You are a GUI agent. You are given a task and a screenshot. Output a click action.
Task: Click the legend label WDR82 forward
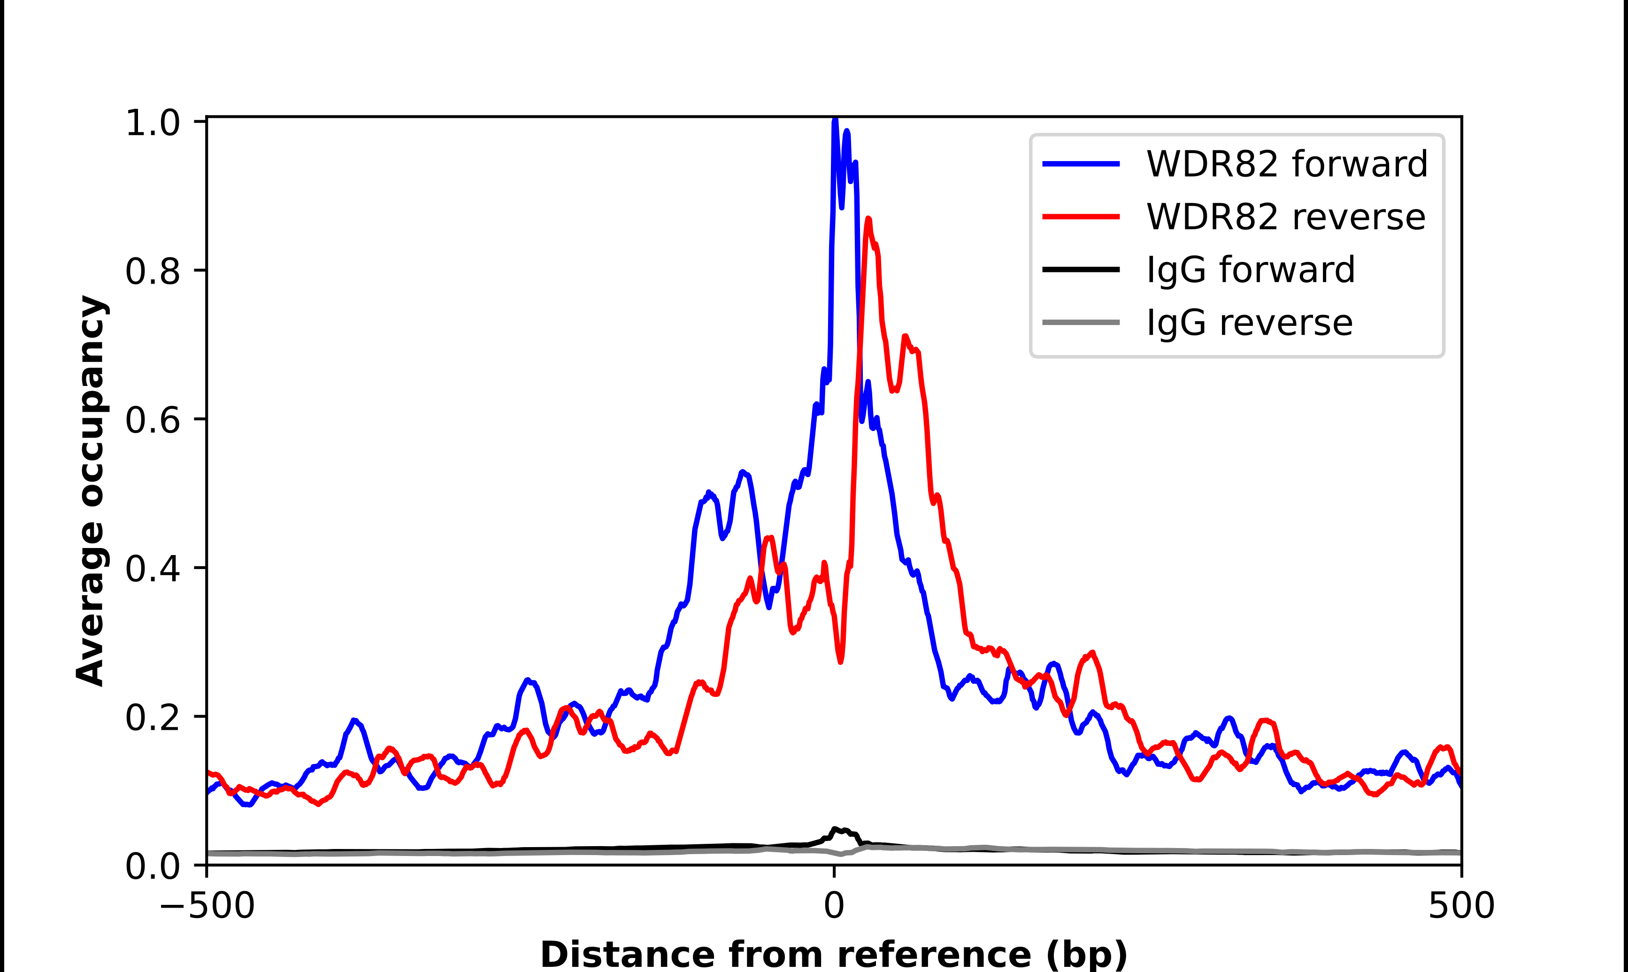point(1286,164)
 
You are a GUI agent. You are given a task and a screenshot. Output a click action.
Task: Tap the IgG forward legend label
point(1250,270)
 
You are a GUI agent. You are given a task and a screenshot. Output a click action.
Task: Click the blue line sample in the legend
point(1081,164)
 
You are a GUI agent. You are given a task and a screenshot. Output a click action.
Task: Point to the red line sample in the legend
point(1081,217)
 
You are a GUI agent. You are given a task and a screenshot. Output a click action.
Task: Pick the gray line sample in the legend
point(1081,322)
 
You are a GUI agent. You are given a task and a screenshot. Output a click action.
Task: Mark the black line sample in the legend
point(1081,269)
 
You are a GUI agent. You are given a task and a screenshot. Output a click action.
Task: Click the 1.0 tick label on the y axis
point(152,123)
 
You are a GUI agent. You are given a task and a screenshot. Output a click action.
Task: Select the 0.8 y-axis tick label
point(152,271)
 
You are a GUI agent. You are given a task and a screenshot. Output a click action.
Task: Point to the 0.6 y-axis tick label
point(152,420)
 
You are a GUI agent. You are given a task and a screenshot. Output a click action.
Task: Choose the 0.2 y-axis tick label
point(152,717)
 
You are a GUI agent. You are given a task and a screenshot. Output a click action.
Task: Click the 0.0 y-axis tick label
point(152,866)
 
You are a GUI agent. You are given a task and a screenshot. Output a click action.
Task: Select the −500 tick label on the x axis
point(207,905)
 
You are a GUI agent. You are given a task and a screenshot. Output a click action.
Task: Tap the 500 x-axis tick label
point(1461,905)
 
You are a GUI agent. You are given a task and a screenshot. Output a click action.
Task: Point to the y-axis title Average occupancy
point(90,491)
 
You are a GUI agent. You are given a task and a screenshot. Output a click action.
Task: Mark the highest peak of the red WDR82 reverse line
point(868,219)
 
